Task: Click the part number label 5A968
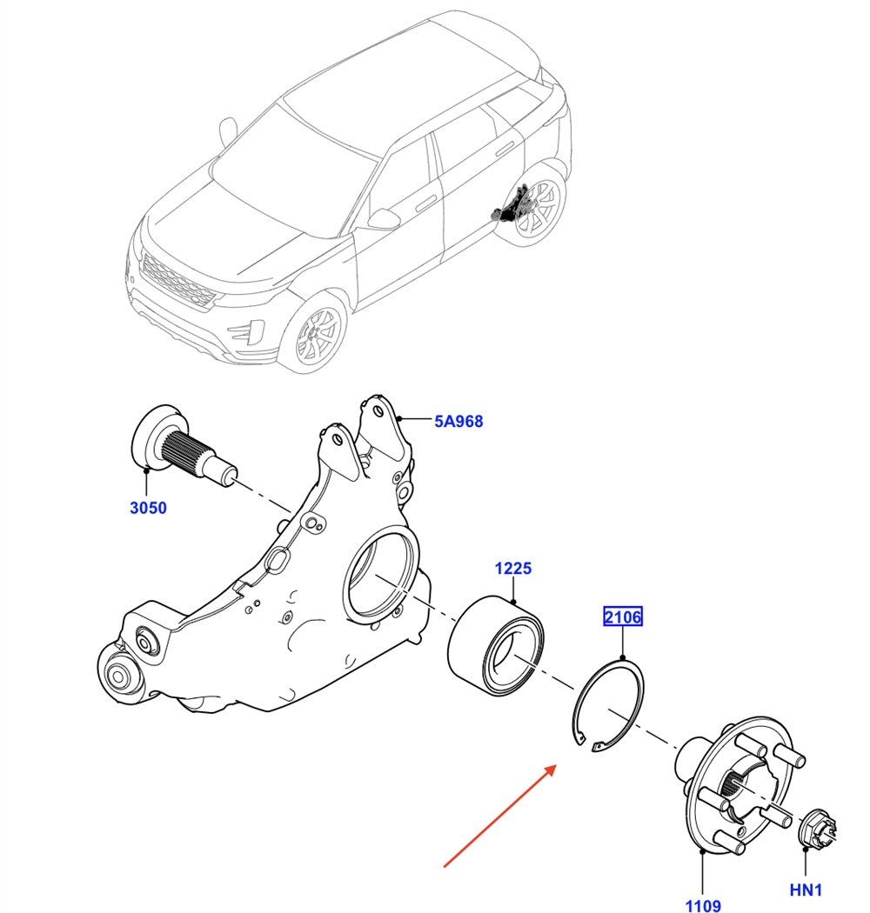pos(458,422)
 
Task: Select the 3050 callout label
pos(148,509)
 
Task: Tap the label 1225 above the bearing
pos(513,569)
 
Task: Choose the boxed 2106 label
pos(623,618)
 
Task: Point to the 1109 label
pos(702,905)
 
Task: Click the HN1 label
pos(806,890)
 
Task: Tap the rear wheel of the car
pos(535,210)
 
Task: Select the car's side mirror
pos(383,218)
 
